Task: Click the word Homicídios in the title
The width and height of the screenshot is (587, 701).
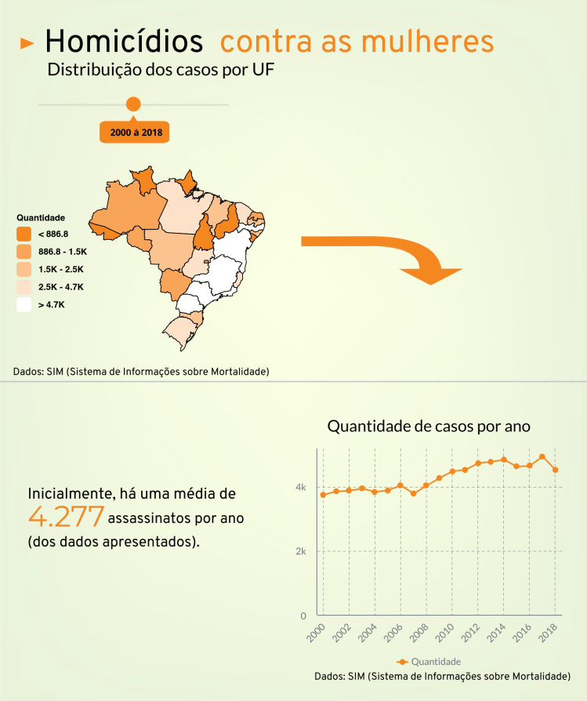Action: coord(124,41)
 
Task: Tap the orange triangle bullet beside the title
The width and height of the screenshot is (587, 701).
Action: coord(27,43)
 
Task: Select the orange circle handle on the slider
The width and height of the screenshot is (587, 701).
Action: coord(133,104)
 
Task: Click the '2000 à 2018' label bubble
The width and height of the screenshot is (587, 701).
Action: coord(136,133)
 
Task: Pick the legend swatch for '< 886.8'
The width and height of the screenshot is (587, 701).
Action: coord(24,234)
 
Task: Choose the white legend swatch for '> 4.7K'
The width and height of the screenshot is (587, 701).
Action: coord(24,304)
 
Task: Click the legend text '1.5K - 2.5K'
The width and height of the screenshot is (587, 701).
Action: coord(61,269)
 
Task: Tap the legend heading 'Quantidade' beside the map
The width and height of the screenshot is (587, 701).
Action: coord(41,217)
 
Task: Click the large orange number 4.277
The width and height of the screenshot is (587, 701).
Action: coord(67,516)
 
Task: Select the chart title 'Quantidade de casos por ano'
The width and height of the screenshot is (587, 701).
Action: coord(429,427)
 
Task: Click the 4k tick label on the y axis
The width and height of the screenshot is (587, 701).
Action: coord(300,487)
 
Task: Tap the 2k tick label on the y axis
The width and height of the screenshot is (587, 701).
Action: coord(300,551)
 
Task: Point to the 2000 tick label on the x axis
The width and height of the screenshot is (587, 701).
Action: coord(316,634)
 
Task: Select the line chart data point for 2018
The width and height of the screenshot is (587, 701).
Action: coord(555,470)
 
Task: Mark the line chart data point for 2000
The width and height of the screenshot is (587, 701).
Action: coord(323,495)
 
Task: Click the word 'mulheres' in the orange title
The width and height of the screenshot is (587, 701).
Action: coord(433,41)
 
